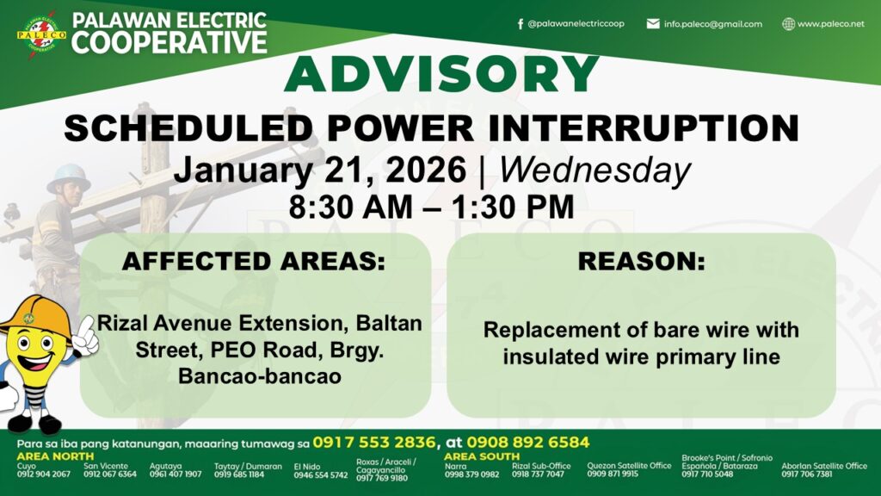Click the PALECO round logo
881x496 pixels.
pyautogui.click(x=41, y=34)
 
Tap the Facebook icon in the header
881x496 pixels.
pyautogui.click(x=521, y=23)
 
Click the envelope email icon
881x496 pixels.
pyautogui.click(x=653, y=23)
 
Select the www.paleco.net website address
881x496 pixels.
pyautogui.click(x=830, y=23)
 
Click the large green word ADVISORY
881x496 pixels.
pyautogui.click(x=441, y=74)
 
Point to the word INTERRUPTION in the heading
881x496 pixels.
pyautogui.click(x=644, y=127)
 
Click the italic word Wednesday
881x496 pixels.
pyautogui.click(x=595, y=170)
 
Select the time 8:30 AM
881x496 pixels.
pyautogui.click(x=351, y=207)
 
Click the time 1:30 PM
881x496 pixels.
pyautogui.click(x=513, y=207)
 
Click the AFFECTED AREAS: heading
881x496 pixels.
pyautogui.click(x=254, y=261)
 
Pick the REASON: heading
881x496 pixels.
pyautogui.click(x=641, y=261)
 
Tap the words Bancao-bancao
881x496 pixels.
pyautogui.click(x=260, y=375)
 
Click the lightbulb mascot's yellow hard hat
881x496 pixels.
pyautogui.click(x=34, y=319)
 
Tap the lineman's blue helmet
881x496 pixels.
pyautogui.click(x=69, y=177)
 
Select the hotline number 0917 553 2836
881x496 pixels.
pyautogui.click(x=374, y=443)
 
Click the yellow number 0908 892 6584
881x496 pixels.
pyautogui.click(x=528, y=443)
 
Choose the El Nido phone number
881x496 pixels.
pyautogui.click(x=320, y=475)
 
